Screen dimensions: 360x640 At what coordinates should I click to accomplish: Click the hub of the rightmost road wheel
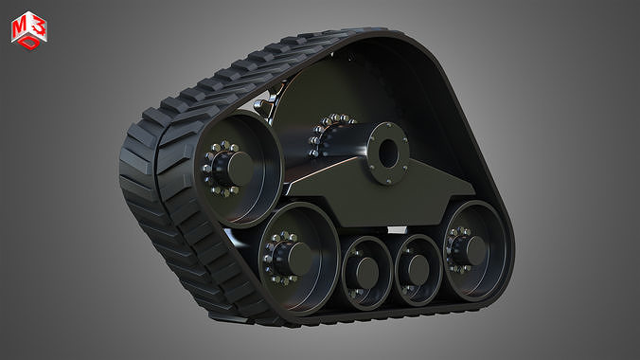[x=471, y=249]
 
